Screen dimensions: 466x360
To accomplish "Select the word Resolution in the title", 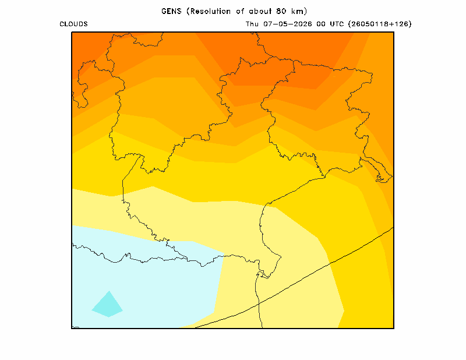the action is click(x=211, y=11).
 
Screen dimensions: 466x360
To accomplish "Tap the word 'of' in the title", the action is click(x=240, y=11).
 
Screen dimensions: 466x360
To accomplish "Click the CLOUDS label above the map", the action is click(x=74, y=24).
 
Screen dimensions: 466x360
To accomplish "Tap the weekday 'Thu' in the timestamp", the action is click(x=252, y=24).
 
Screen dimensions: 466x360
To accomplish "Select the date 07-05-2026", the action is click(x=287, y=24).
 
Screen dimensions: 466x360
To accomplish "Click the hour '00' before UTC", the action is click(x=321, y=24).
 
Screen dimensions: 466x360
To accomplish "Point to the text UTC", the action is click(x=337, y=24).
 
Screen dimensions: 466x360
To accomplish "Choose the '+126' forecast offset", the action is click(x=397, y=24).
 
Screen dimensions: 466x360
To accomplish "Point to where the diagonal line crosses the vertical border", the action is click(x=259, y=303).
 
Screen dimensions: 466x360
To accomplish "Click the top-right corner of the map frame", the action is click(x=394, y=32).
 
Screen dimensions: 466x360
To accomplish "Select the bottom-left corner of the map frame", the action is click(x=72, y=329).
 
